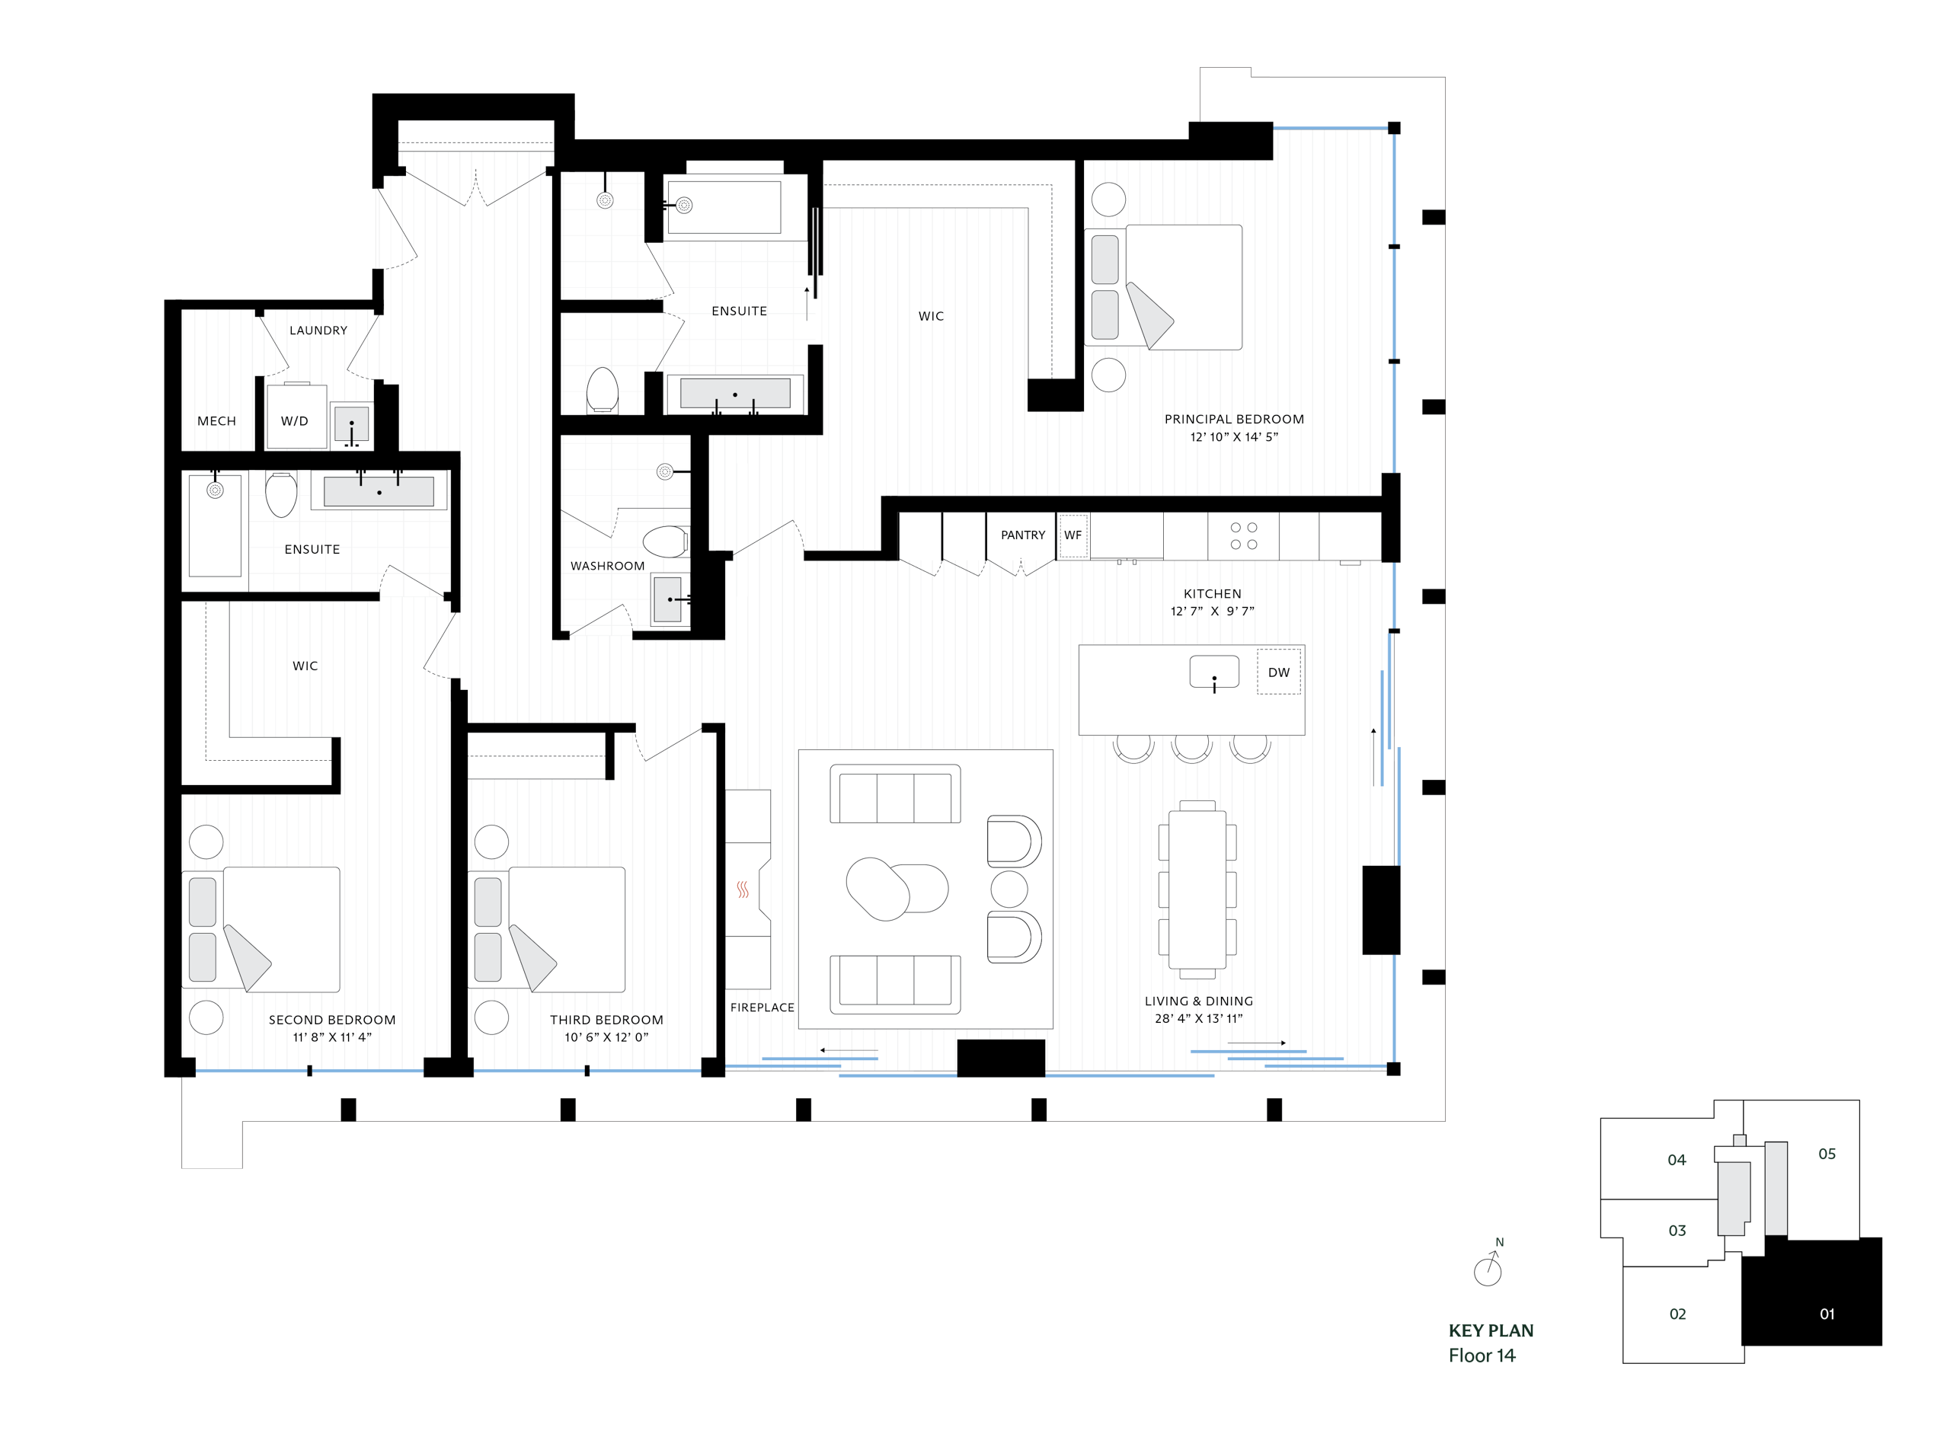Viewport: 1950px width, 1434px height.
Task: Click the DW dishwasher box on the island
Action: (x=1278, y=672)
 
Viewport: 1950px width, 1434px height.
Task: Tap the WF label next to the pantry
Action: (x=1073, y=535)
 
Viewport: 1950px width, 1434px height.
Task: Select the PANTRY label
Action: (x=1023, y=535)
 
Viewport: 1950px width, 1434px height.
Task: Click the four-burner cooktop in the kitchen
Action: (x=1243, y=535)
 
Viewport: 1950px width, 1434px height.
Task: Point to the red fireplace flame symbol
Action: (x=743, y=889)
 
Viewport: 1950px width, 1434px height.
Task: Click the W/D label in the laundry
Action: (x=294, y=421)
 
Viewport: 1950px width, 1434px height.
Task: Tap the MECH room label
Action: (x=216, y=421)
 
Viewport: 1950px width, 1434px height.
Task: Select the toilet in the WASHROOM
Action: (x=665, y=541)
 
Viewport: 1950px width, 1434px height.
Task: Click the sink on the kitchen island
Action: (x=1213, y=672)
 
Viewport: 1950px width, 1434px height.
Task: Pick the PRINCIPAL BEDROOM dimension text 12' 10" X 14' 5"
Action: (x=1234, y=436)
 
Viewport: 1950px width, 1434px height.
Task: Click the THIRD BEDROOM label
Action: (x=606, y=1019)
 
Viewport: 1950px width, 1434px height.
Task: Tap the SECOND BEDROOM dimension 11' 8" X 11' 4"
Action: (x=331, y=1036)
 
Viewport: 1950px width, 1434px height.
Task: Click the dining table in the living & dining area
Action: (x=1197, y=889)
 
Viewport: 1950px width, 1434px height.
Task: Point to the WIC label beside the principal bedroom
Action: (x=931, y=316)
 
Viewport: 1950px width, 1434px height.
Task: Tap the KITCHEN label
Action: (x=1212, y=594)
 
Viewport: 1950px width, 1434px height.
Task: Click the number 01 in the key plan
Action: (x=1827, y=1314)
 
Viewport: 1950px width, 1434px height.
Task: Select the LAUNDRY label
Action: (x=318, y=330)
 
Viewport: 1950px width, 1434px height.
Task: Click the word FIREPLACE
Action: (x=762, y=1007)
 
